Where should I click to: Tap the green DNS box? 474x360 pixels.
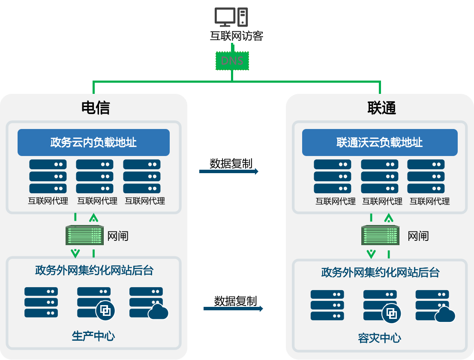point(232,60)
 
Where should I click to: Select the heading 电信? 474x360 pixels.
point(96,108)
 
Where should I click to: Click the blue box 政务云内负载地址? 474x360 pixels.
point(93,142)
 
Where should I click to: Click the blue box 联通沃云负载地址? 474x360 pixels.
point(380,142)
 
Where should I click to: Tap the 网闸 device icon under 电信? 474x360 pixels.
point(85,236)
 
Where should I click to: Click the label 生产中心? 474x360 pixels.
point(93,336)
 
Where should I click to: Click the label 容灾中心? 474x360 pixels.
point(380,338)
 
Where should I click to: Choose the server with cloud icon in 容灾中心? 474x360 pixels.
point(433,306)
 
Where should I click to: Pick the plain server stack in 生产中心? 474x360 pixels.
point(41,302)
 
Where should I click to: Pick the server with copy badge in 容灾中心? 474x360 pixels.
point(381,306)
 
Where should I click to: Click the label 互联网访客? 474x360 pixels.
point(236,36)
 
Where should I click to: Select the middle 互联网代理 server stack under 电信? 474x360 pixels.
point(95,176)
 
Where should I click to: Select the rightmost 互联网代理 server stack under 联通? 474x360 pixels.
point(426,176)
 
